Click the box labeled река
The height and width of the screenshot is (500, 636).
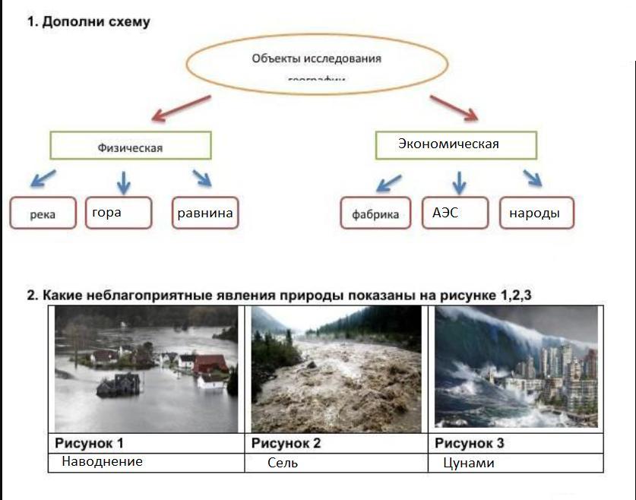(x=43, y=214)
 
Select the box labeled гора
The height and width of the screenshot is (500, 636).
(x=119, y=213)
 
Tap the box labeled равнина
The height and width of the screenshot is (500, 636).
(x=205, y=213)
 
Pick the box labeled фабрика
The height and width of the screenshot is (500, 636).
(x=375, y=214)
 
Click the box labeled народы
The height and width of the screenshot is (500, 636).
(x=536, y=214)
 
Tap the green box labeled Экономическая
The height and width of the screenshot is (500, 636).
(x=455, y=144)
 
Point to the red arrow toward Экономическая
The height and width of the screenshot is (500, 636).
(x=453, y=108)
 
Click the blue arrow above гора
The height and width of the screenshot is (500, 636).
(x=123, y=182)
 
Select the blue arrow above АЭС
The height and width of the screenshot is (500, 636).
(x=458, y=182)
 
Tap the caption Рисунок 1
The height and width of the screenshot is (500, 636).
(x=89, y=443)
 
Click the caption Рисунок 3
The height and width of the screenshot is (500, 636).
(x=469, y=443)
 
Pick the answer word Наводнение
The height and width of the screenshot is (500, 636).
(x=102, y=461)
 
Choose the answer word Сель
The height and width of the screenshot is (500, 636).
(x=282, y=462)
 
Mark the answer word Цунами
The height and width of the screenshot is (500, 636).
(x=468, y=462)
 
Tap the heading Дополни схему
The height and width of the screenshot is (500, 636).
(x=89, y=22)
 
